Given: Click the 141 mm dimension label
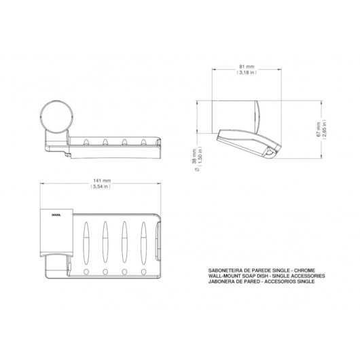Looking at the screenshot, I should click(102, 180).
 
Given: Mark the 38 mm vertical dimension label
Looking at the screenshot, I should click(194, 157).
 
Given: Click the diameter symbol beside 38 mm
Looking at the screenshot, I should click(194, 170).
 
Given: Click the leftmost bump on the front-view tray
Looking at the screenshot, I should click(86, 142).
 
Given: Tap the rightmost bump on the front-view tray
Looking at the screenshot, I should click(143, 142).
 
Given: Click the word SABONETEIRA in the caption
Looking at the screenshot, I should click(228, 270).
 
